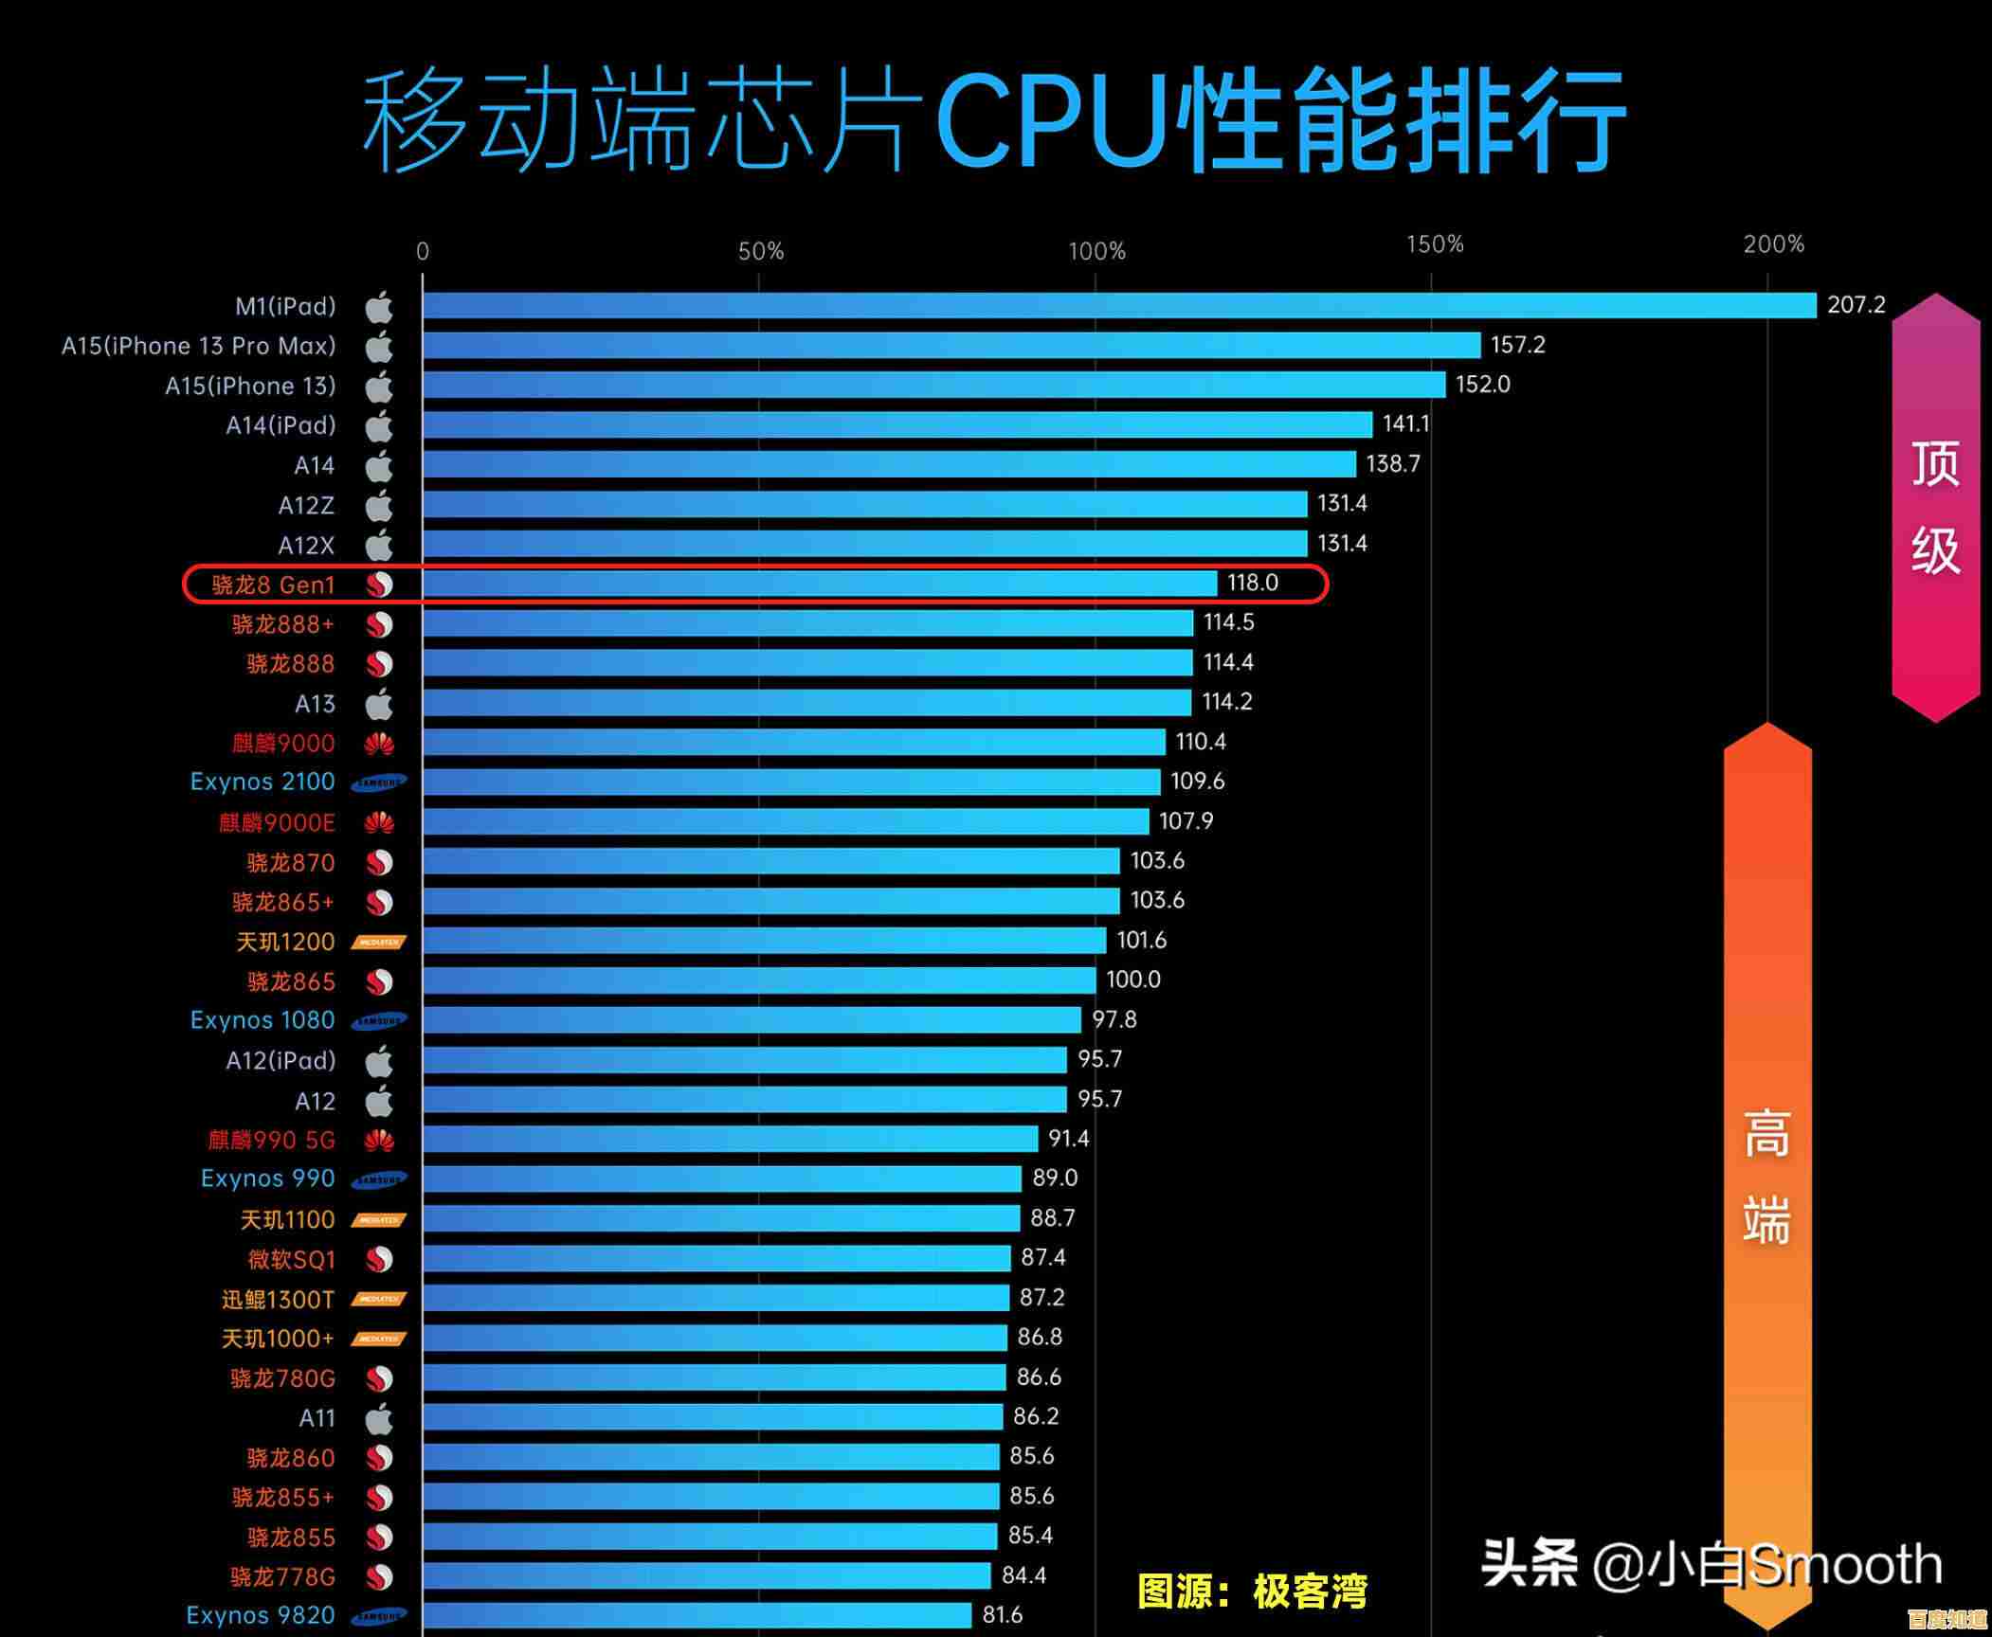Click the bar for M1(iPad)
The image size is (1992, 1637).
tap(1118, 305)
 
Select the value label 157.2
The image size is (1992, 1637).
tap(1517, 345)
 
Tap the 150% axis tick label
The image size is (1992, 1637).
tap(1435, 244)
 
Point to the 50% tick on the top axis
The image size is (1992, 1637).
tap(760, 251)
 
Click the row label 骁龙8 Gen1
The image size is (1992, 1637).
tap(273, 585)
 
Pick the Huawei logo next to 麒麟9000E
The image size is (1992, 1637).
tap(379, 822)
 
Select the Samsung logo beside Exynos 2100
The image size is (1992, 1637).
tap(379, 783)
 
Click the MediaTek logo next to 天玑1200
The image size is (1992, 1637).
tap(379, 942)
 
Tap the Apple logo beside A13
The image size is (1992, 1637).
tap(379, 704)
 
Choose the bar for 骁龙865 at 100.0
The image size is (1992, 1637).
tap(758, 980)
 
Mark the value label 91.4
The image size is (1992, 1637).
tap(1068, 1138)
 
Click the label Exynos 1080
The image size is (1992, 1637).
tap(263, 1020)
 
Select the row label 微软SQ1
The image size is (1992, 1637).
tap(291, 1259)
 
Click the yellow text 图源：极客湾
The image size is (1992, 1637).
tap(1252, 1592)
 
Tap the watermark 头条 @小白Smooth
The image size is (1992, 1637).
tap(1711, 1564)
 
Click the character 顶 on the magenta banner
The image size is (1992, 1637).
tap(1935, 464)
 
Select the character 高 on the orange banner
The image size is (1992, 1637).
tap(1766, 1134)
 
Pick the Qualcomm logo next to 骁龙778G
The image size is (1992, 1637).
tap(379, 1576)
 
